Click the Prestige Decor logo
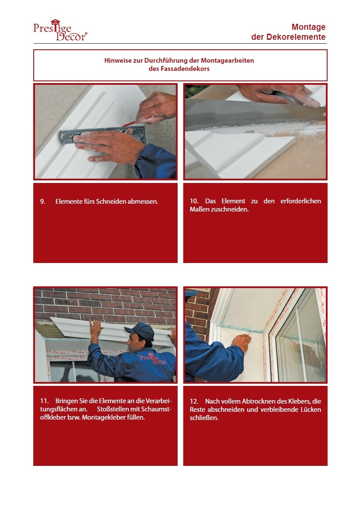click(60, 30)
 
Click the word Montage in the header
click(308, 27)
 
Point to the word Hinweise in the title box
click(118, 61)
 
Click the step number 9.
click(42, 202)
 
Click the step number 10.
click(194, 201)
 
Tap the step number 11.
click(44, 401)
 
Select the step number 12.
click(194, 401)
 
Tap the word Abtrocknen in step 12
click(259, 401)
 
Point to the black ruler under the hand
click(102, 135)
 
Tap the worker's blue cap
click(140, 331)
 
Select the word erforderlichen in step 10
click(300, 201)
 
